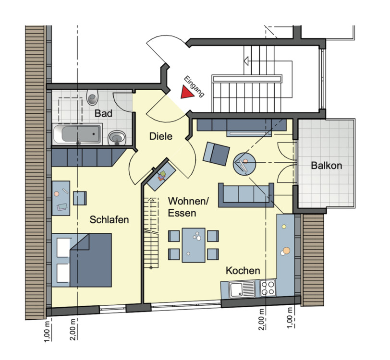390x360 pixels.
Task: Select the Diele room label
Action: [160, 137]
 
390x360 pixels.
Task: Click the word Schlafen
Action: [109, 220]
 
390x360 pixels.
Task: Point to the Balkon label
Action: [326, 166]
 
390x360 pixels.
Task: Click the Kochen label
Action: [243, 271]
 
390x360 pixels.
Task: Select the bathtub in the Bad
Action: [77, 134]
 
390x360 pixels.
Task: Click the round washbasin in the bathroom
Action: [117, 138]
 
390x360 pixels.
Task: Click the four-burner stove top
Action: [268, 289]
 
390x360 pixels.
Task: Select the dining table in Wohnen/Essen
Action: [194, 244]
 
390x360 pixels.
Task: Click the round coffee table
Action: [245, 163]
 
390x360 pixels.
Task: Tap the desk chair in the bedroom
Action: [80, 198]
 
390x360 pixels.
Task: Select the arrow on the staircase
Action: [246, 61]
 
